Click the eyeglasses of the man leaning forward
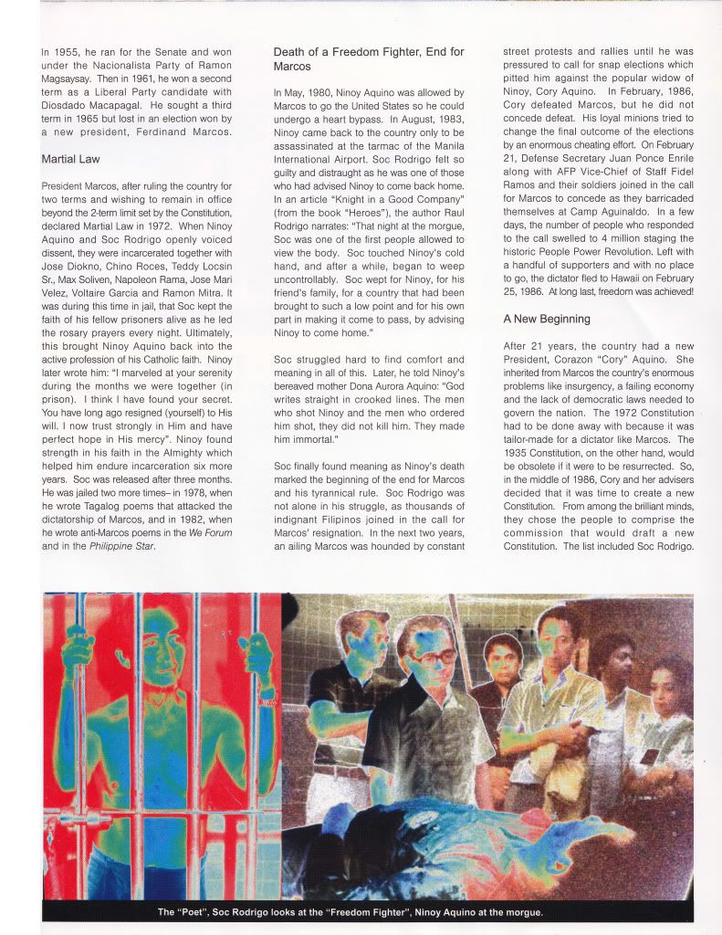click(x=429, y=656)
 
